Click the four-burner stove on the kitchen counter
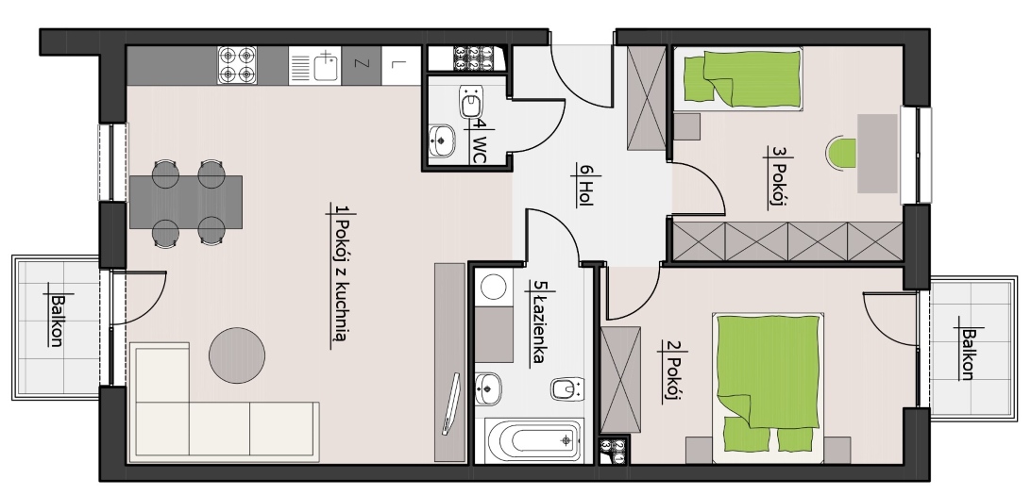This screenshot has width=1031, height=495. click(x=237, y=65)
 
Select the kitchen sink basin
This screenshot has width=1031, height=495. click(x=326, y=67)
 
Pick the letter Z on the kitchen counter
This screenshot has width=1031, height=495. click(x=361, y=64)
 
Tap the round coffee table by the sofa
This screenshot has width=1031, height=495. click(x=237, y=355)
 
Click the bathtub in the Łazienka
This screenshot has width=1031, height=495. click(x=534, y=440)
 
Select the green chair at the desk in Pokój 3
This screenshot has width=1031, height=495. click(x=841, y=153)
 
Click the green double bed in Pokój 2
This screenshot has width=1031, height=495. click(x=768, y=384)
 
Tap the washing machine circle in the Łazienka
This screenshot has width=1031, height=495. click(x=493, y=287)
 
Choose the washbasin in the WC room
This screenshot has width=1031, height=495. click(x=442, y=140)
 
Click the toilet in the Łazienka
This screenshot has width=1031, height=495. click(x=566, y=388)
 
